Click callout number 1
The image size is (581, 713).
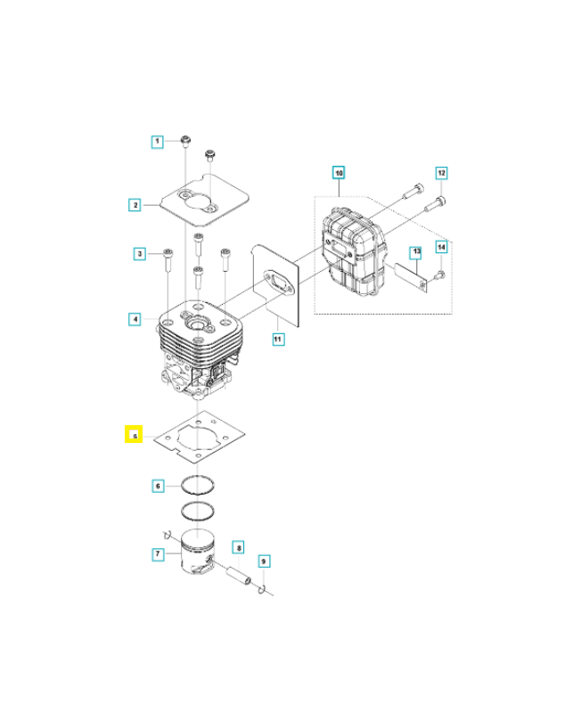click(157, 141)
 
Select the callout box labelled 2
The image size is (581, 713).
click(135, 205)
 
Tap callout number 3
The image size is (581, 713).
click(139, 255)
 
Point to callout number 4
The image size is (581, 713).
click(135, 318)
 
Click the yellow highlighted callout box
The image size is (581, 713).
click(134, 436)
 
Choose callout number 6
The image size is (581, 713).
click(157, 486)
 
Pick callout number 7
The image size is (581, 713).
click(157, 554)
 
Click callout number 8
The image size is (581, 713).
click(238, 546)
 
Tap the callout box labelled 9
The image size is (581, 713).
click(263, 561)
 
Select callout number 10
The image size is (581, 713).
click(339, 171)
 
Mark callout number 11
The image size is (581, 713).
click(277, 339)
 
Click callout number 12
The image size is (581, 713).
click(441, 172)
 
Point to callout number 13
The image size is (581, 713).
click(414, 253)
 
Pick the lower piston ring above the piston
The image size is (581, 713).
click(200, 513)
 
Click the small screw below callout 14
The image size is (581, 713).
click(440, 275)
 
